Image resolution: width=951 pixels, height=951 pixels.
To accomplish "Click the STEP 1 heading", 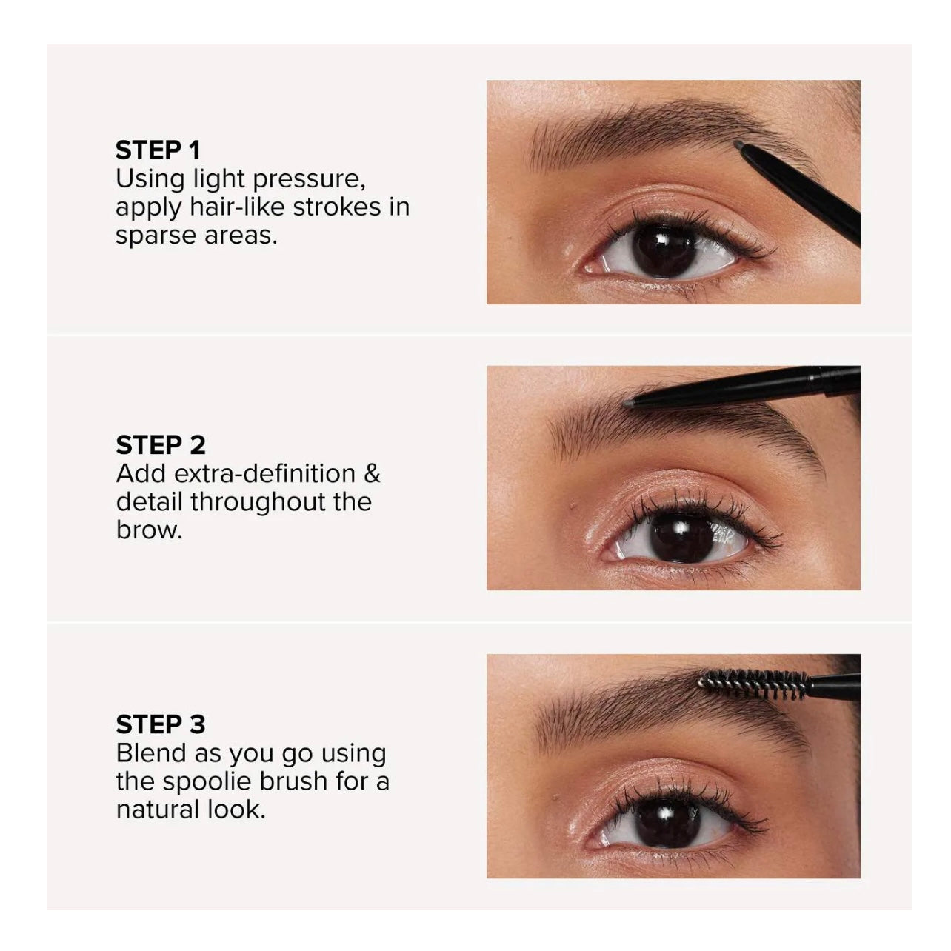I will (158, 150).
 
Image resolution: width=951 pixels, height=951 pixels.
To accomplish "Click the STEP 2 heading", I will (160, 445).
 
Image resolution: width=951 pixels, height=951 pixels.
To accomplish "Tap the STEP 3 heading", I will (160, 724).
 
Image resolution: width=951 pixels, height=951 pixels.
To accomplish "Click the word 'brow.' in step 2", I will (149, 530).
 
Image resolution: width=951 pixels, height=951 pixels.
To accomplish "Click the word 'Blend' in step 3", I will (152, 753).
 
